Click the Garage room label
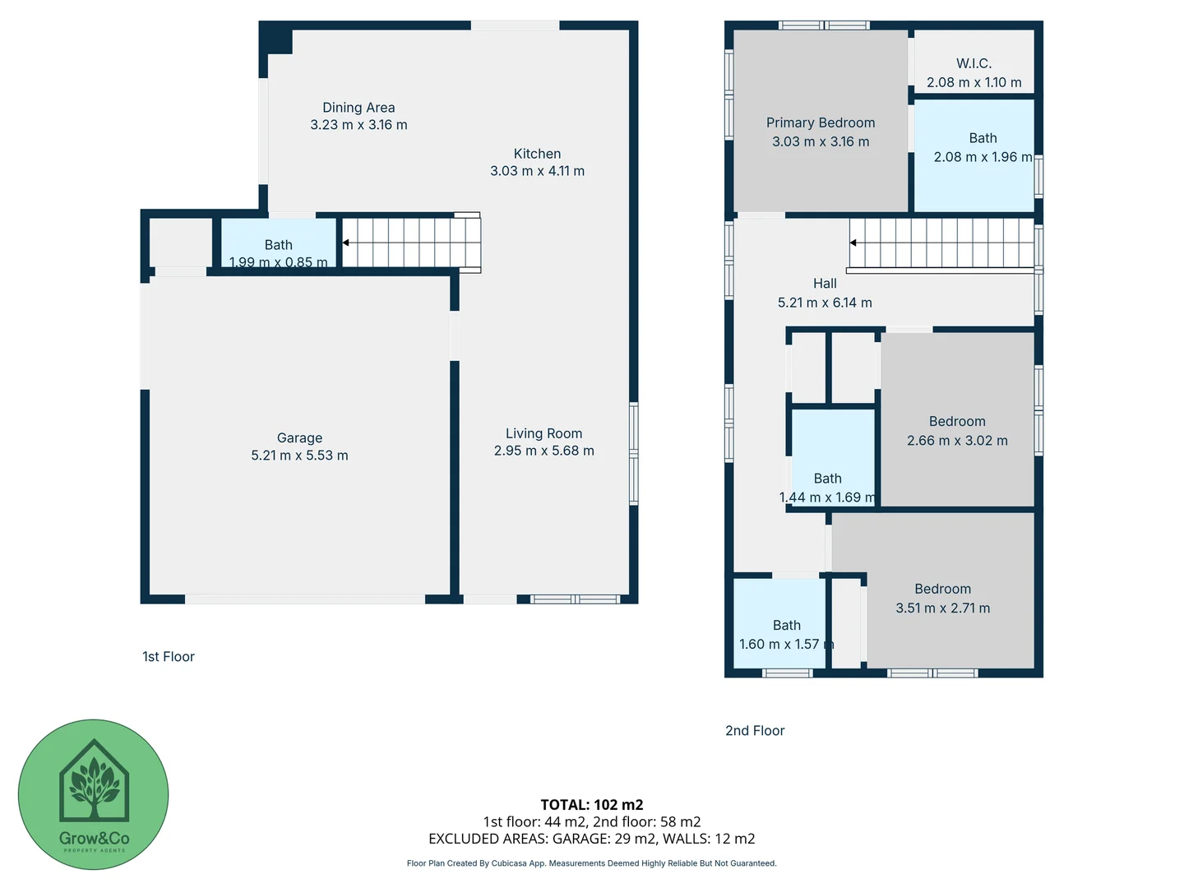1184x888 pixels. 299,438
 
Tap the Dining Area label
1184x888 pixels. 358,108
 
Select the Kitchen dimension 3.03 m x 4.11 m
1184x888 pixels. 537,171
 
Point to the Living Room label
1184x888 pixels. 543,433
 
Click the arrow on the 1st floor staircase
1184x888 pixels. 346,243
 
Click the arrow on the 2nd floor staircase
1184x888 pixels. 853,243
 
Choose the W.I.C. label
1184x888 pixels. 974,63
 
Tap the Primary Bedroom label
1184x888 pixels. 820,123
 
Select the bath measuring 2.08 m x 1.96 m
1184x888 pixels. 982,148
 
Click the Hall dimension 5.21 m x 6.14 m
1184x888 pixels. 825,303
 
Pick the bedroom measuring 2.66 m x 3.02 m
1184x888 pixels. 957,431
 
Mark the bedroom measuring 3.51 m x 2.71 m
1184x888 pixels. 942,599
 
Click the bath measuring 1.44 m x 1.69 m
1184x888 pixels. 827,488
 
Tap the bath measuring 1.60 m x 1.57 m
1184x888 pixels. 786,635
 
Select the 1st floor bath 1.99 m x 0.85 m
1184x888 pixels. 278,253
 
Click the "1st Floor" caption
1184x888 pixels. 169,656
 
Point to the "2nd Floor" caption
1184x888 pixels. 755,730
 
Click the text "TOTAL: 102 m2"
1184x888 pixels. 591,805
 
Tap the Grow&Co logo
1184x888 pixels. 94,794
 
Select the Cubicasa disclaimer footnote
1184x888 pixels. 591,863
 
